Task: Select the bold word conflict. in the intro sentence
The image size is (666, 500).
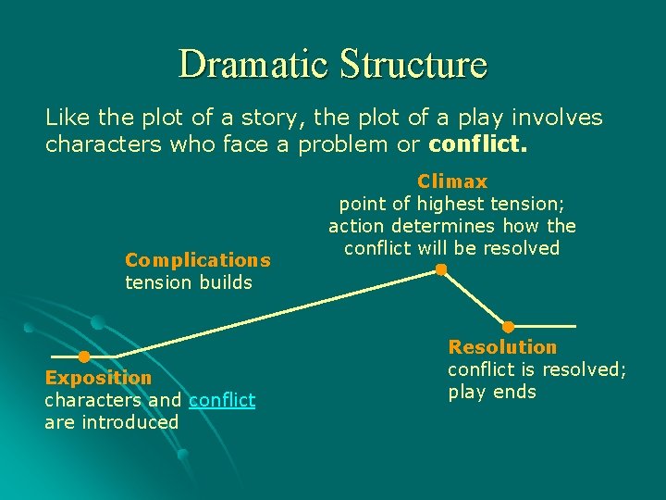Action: [477, 144]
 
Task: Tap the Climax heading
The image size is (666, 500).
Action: [452, 181]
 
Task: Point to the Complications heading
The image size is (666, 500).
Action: [197, 260]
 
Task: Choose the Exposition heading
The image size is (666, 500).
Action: [98, 378]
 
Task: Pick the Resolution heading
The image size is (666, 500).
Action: [502, 347]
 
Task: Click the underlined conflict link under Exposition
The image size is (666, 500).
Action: [222, 400]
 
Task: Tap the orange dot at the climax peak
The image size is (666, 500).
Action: [441, 270]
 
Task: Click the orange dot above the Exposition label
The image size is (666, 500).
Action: [83, 356]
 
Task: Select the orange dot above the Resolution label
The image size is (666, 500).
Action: [508, 326]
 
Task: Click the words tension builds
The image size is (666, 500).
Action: [188, 282]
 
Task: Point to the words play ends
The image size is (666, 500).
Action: [492, 392]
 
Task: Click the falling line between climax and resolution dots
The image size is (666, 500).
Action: [475, 298]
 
